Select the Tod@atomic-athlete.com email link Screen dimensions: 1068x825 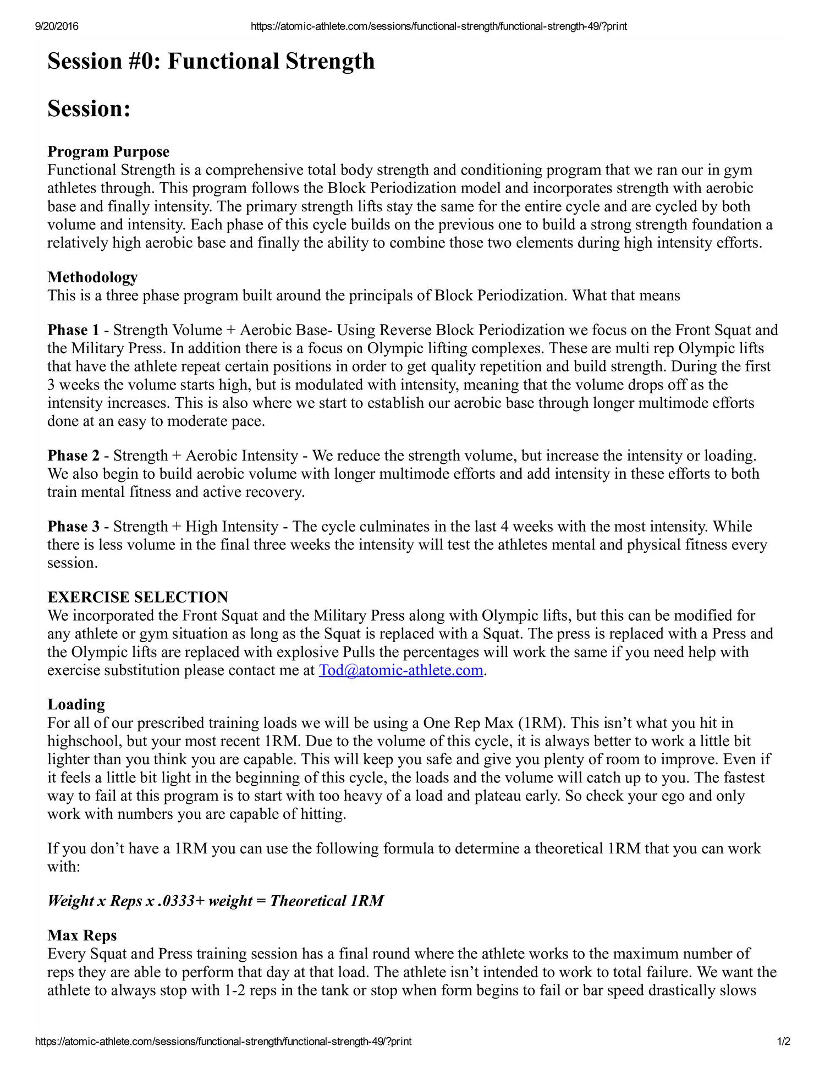click(x=401, y=670)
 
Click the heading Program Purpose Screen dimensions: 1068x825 click(x=108, y=151)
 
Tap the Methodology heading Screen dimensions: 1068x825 click(x=92, y=277)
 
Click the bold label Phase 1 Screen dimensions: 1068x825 click(x=74, y=330)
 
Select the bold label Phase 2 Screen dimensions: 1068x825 click(x=74, y=456)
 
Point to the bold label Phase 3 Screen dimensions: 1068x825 click(x=74, y=527)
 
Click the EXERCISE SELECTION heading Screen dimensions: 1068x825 click(x=137, y=597)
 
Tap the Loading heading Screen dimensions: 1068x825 click(x=76, y=704)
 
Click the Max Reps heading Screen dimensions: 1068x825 click(x=82, y=935)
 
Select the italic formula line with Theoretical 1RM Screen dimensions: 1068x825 click(x=215, y=901)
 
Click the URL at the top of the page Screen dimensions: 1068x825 click(x=438, y=26)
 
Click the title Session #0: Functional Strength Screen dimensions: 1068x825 click(x=211, y=61)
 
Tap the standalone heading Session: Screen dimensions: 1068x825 click(x=89, y=108)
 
